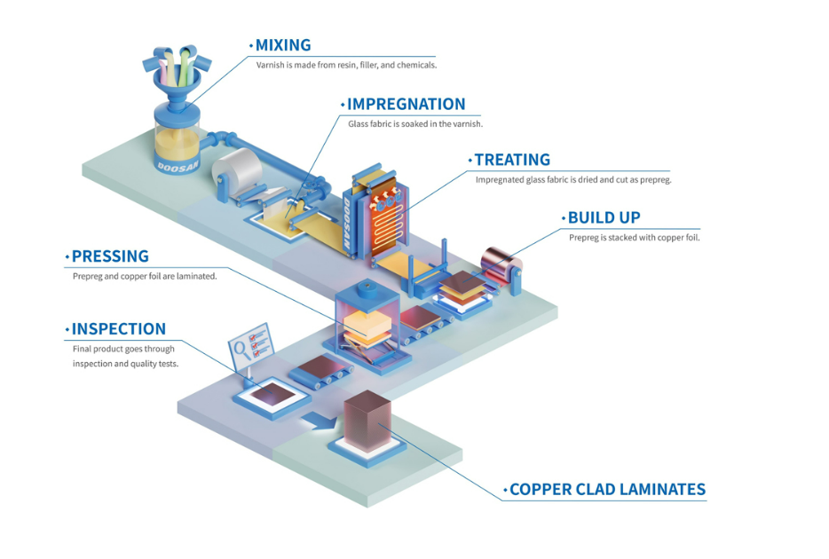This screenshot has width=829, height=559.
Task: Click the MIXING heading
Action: coord(282,45)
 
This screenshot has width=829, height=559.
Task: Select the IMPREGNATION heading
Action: coord(406,105)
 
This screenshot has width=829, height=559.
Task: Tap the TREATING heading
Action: coord(512,160)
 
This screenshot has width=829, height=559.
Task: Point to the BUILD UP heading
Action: coord(604,217)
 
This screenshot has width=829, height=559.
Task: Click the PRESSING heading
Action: coord(110,256)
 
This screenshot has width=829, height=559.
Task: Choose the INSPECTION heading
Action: coord(119,329)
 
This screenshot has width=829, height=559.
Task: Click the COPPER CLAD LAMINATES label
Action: coord(607,489)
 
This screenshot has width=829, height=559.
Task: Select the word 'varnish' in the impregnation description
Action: coord(466,124)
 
